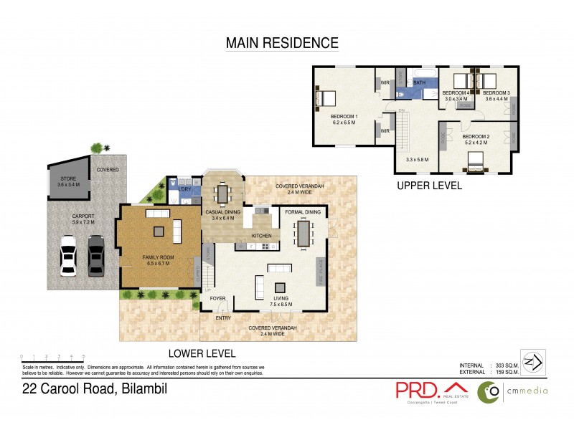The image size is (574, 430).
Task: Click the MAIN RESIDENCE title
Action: [x=282, y=43]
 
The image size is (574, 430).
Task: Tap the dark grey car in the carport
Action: [x=95, y=255]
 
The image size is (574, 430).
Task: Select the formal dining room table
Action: [x=304, y=234]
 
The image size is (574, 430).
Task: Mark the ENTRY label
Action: [x=223, y=317]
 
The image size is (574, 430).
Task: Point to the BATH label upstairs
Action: [x=419, y=82]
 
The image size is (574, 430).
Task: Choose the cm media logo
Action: [x=514, y=391]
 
